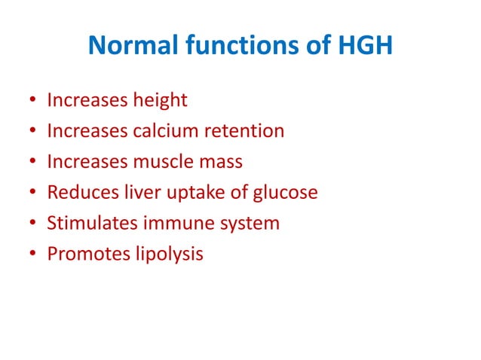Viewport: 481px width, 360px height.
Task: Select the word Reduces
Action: click(x=80, y=193)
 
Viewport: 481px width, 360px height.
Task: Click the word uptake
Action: click(x=191, y=193)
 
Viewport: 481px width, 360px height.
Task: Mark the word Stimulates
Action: click(x=86, y=224)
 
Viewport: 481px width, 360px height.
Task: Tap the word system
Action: click(x=239, y=224)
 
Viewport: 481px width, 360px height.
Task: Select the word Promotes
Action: click(x=82, y=255)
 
